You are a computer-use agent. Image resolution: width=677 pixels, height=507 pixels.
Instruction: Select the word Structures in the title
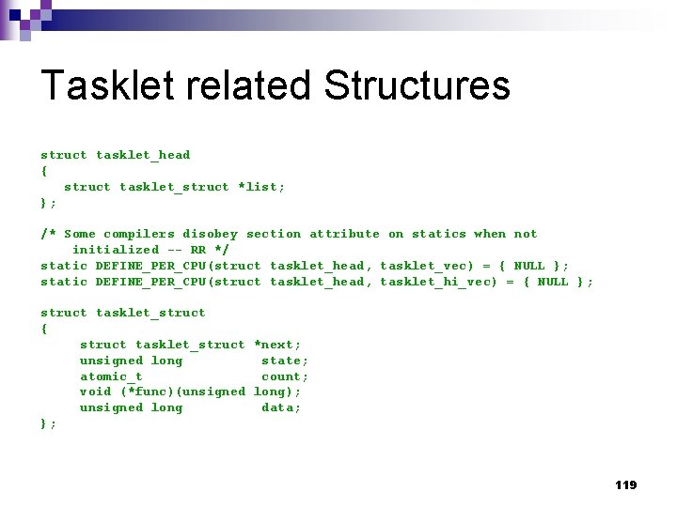click(417, 85)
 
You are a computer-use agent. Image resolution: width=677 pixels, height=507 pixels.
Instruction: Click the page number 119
click(625, 485)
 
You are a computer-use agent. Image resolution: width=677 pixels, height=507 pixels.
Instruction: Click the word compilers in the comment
click(139, 234)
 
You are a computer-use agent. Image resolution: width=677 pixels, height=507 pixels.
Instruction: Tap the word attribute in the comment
click(344, 234)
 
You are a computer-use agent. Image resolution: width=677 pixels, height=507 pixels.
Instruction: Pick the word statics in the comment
click(438, 234)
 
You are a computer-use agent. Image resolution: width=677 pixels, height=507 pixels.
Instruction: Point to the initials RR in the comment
click(197, 250)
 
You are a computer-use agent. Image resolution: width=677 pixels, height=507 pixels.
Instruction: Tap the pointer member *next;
click(277, 345)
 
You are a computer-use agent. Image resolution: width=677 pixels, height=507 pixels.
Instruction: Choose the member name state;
click(285, 361)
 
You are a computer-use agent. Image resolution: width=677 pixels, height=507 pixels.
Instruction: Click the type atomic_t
click(111, 376)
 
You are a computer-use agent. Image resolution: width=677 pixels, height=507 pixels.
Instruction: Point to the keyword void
click(95, 392)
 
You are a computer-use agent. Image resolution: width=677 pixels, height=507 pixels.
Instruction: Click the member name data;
click(281, 407)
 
